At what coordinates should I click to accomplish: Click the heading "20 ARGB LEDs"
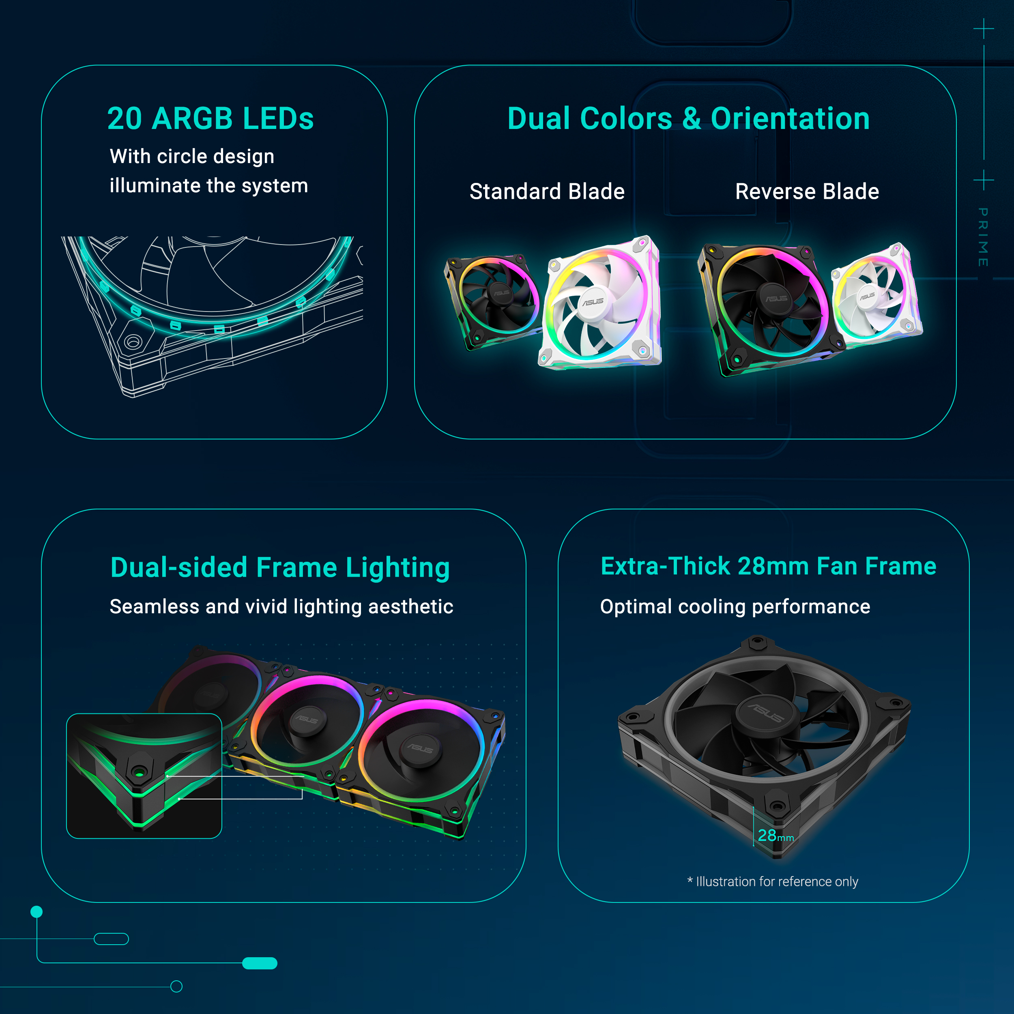tap(211, 118)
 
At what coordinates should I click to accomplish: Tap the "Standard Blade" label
tap(547, 191)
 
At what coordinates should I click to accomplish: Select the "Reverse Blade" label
tap(807, 191)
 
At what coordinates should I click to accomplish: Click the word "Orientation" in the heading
tap(790, 118)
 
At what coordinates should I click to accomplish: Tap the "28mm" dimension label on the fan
tap(775, 836)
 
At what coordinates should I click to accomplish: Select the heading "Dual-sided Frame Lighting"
tap(280, 568)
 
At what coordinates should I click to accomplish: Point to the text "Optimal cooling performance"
tap(735, 607)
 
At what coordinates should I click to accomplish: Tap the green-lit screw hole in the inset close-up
tap(139, 772)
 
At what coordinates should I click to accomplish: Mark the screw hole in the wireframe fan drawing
tap(132, 342)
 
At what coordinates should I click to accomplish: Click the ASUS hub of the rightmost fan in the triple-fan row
tap(420, 749)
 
